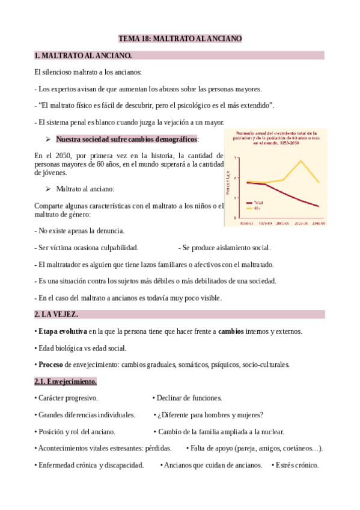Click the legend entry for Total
click(x=257, y=203)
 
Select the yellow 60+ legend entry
click(x=256, y=208)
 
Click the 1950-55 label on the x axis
click(x=245, y=223)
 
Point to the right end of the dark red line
click(x=319, y=206)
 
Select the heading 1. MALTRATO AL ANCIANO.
click(x=83, y=56)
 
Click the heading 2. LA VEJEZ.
click(x=56, y=314)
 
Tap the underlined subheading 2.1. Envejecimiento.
click(x=66, y=381)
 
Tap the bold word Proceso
click(x=50, y=364)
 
